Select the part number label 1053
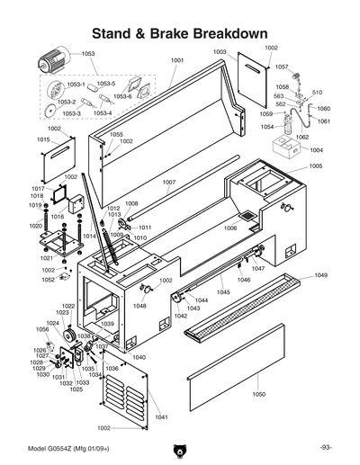point(87,54)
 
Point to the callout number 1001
point(176,60)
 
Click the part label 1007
point(168,183)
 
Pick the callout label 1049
point(320,275)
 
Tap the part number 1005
point(316,166)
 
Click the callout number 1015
point(42,140)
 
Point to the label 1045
point(223,292)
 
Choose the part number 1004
point(316,150)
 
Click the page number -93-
point(325,448)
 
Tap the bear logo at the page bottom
point(179,451)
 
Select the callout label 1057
point(282,67)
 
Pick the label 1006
point(230,228)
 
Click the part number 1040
point(138,357)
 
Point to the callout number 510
point(317,93)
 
